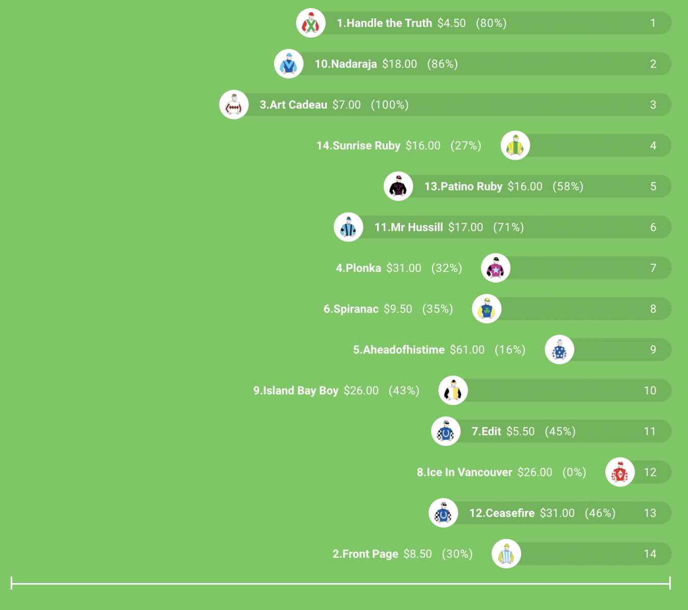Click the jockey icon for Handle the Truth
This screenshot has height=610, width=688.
click(x=310, y=23)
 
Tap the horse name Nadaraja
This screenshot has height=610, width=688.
click(x=346, y=64)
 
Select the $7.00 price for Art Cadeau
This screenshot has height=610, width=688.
click(x=347, y=105)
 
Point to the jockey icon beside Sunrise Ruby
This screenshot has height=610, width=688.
click(x=515, y=146)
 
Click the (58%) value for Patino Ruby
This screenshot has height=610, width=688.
click(x=568, y=187)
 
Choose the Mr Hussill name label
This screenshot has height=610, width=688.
click(x=409, y=227)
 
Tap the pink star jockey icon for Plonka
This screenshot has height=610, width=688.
click(x=496, y=268)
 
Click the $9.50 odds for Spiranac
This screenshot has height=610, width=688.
click(x=398, y=309)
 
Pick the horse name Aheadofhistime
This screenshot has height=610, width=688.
click(x=399, y=350)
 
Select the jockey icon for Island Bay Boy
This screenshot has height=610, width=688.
click(x=453, y=391)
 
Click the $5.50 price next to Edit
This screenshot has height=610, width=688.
click(x=521, y=432)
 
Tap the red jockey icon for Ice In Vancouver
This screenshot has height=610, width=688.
click(x=620, y=472)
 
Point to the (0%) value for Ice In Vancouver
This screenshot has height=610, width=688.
click(x=574, y=472)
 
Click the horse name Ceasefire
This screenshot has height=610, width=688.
click(x=502, y=513)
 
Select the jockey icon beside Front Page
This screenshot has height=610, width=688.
click(x=506, y=554)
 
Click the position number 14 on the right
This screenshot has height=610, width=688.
click(x=650, y=554)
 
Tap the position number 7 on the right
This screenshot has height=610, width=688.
click(x=653, y=268)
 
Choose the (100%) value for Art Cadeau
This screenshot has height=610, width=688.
click(x=390, y=105)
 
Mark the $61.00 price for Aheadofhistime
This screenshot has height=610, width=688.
click(x=467, y=350)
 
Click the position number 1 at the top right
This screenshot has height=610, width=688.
click(x=653, y=23)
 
